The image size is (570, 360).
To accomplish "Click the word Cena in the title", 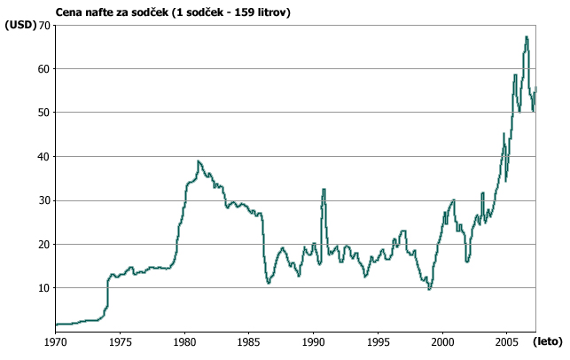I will [x=69, y=12].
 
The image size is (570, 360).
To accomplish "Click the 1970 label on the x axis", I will [x=55, y=340].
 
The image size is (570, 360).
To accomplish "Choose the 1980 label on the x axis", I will [x=184, y=340].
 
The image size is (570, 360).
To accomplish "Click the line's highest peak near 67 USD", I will [x=527, y=37].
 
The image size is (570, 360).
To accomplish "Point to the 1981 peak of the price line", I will [x=199, y=161].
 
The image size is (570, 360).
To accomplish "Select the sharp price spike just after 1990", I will [x=324, y=190].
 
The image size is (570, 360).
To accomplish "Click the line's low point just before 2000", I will [x=430, y=289].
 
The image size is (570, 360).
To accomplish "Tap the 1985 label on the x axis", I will [x=249, y=340].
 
